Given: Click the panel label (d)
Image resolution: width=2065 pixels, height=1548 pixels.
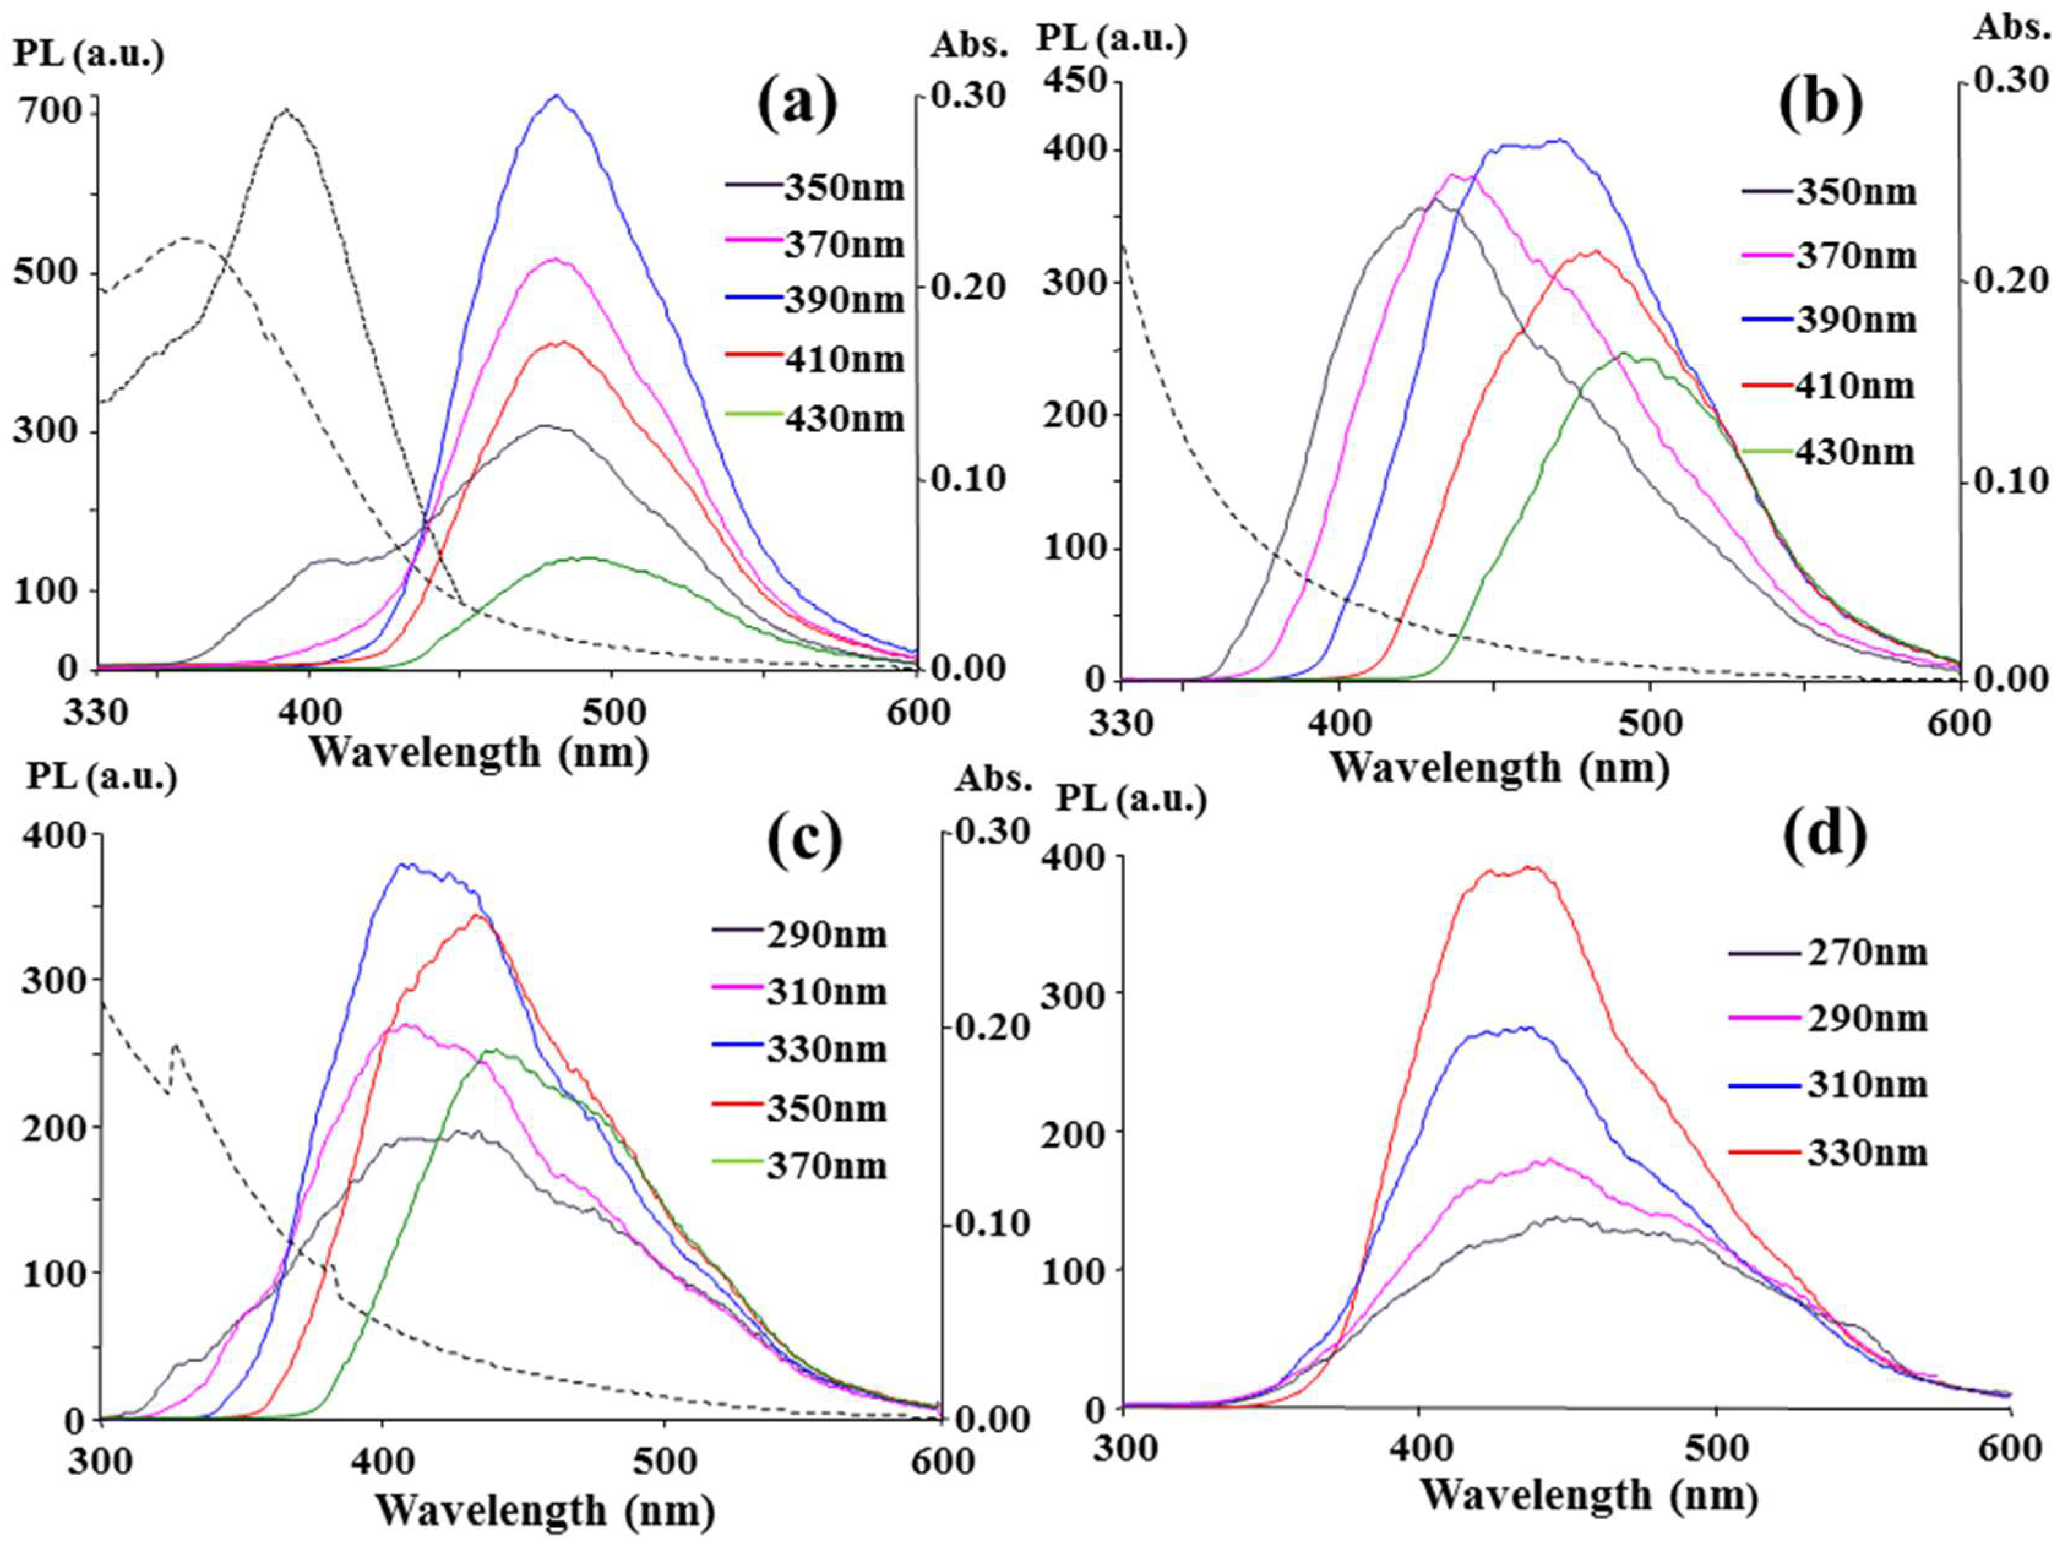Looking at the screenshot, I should point(1824,836).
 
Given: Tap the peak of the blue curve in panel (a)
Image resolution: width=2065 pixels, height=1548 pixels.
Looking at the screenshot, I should point(556,96).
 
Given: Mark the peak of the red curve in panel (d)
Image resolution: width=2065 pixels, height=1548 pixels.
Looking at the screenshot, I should point(1530,867).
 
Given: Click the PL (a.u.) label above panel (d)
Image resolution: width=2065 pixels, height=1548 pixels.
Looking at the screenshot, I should point(1131,800).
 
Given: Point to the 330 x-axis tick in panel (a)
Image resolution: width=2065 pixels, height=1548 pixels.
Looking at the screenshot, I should point(96,713).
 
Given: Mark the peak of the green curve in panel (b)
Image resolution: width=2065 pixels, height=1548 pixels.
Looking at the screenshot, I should point(1623,353).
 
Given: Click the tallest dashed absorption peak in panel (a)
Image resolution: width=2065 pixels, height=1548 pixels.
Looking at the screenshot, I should point(285,110).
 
